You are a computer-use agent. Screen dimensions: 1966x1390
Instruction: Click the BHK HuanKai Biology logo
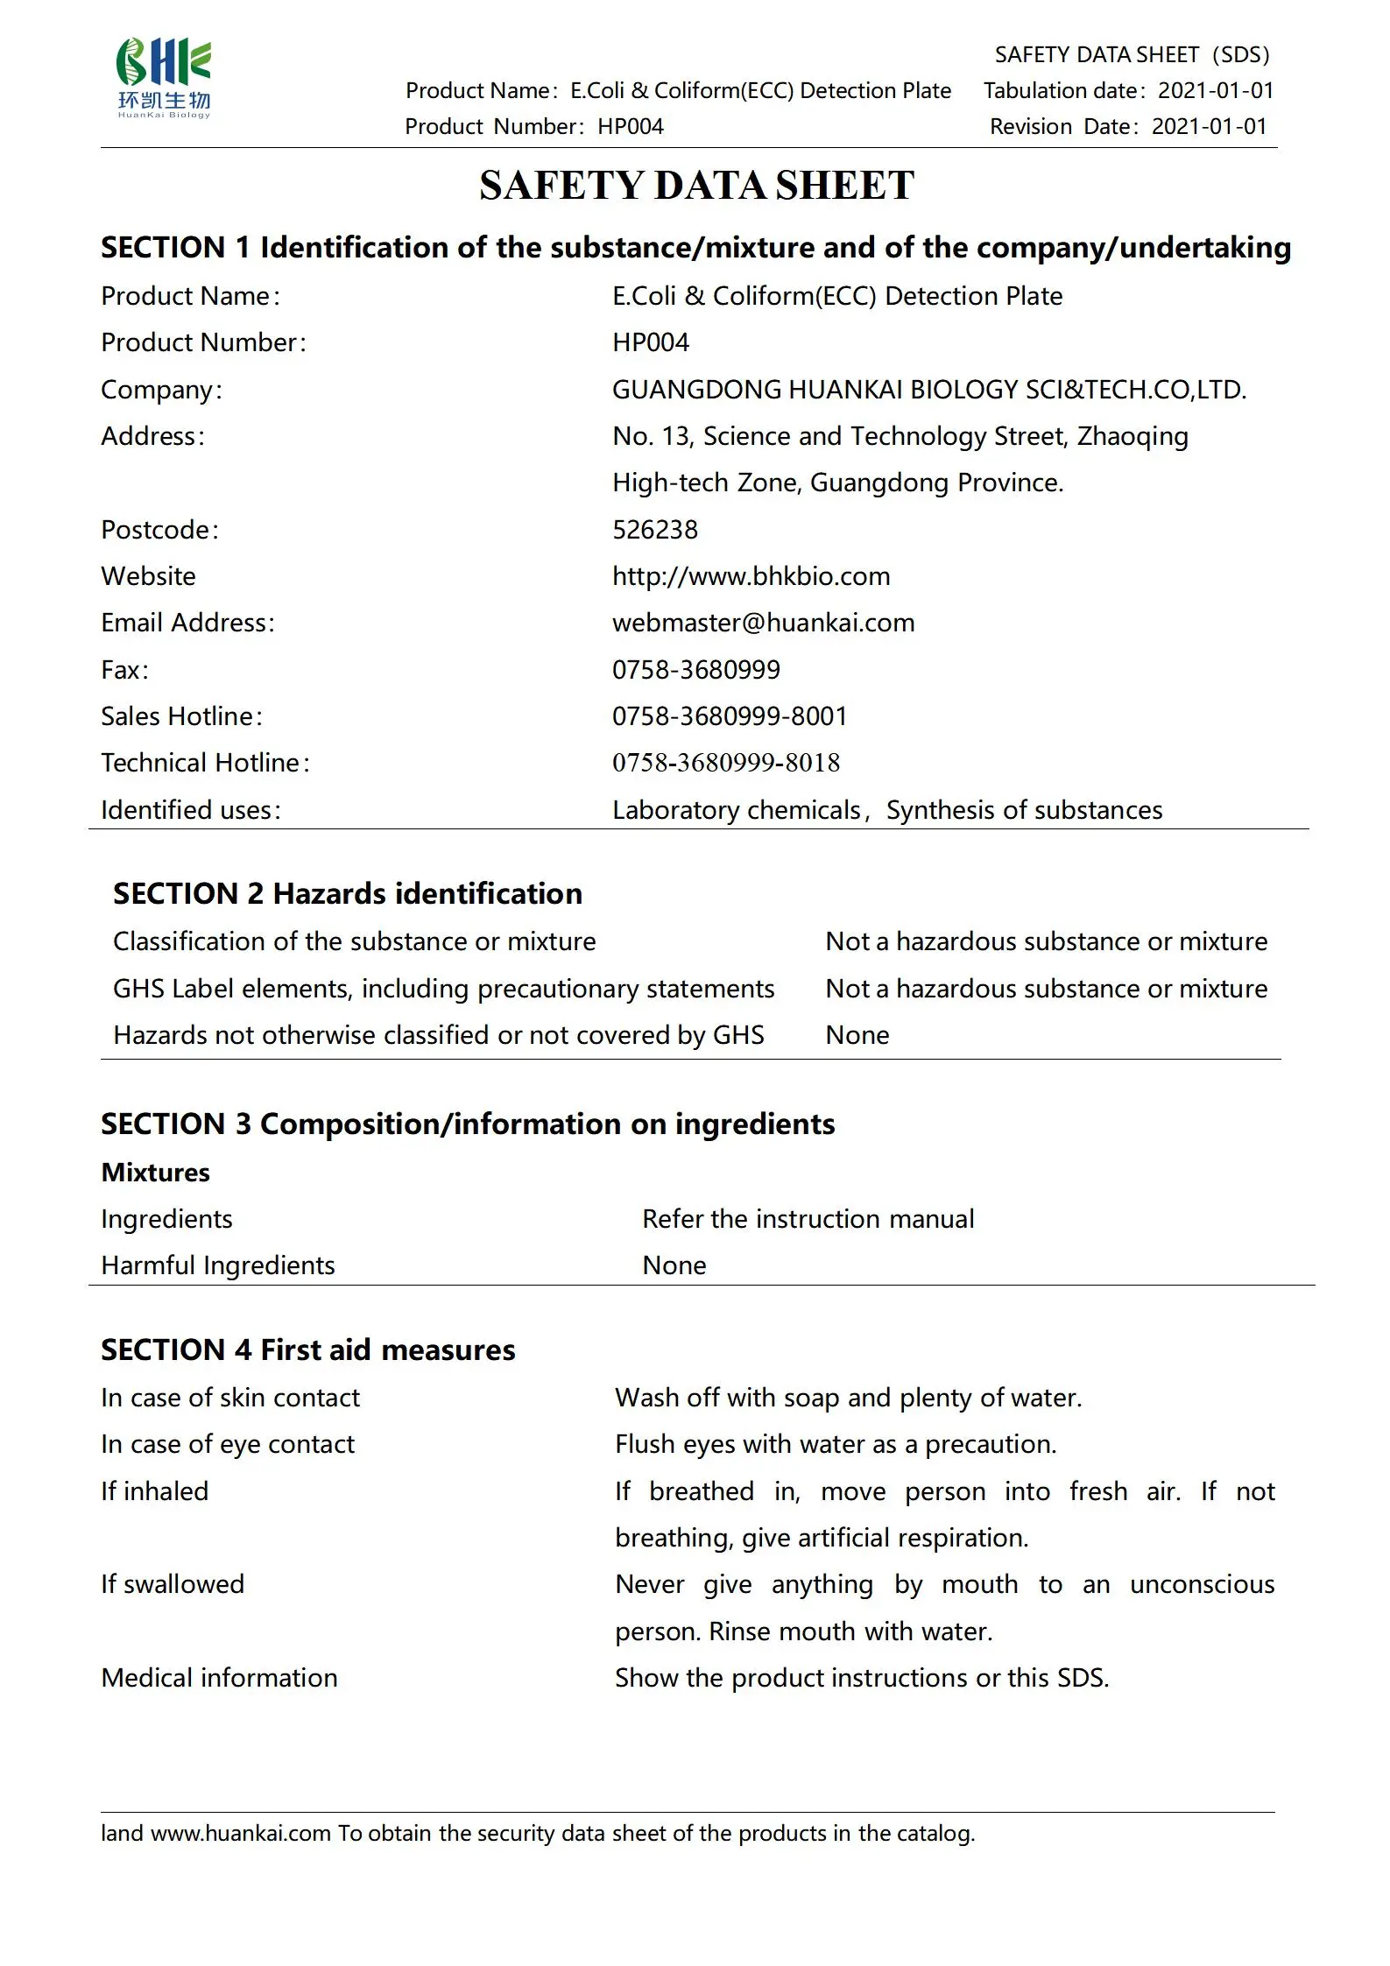pyautogui.click(x=164, y=78)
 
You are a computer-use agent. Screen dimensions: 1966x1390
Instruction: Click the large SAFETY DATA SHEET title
pyautogui.click(x=696, y=186)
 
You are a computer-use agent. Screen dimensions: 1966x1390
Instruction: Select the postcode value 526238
pyautogui.click(x=654, y=530)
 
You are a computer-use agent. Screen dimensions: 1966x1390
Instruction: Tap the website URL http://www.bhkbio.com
pyautogui.click(x=751, y=576)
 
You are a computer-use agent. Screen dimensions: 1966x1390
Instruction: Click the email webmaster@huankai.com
pyautogui.click(x=763, y=623)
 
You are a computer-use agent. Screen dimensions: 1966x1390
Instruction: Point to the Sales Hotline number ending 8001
pyautogui.click(x=729, y=716)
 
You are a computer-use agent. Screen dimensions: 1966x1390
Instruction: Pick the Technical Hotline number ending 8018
pyautogui.click(x=725, y=763)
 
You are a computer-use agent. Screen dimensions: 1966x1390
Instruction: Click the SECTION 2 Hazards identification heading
pyautogui.click(x=347, y=893)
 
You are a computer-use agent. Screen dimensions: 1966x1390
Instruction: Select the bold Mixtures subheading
pyautogui.click(x=155, y=1173)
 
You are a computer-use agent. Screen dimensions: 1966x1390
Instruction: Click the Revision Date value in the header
pyautogui.click(x=1209, y=126)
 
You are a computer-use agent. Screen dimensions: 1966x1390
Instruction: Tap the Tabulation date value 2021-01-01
pyautogui.click(x=1216, y=90)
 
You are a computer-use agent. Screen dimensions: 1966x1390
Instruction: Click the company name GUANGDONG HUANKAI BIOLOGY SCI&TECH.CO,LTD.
pyautogui.click(x=928, y=390)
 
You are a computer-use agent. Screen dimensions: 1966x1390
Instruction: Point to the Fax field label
pyautogui.click(x=124, y=670)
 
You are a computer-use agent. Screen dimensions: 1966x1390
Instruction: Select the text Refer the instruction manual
pyautogui.click(x=808, y=1219)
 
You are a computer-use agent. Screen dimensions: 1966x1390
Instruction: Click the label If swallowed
pyautogui.click(x=173, y=1584)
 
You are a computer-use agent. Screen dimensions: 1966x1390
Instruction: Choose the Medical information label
pyautogui.click(x=219, y=1678)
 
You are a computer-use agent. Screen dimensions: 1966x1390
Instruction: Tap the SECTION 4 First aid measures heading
pyautogui.click(x=307, y=1350)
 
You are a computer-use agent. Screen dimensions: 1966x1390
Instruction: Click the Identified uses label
pyautogui.click(x=190, y=810)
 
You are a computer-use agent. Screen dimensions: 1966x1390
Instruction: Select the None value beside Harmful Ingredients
pyautogui.click(x=674, y=1265)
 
